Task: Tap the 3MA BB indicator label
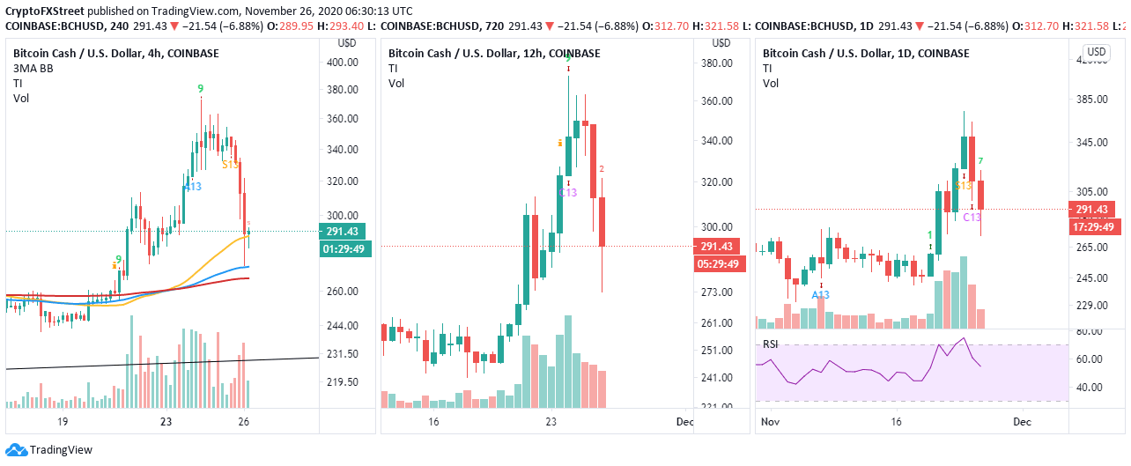click(32, 68)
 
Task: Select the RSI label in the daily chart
click(772, 344)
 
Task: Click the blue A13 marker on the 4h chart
click(193, 186)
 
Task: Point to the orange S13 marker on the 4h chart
click(230, 164)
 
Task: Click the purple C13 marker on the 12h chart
click(569, 192)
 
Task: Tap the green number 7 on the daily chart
click(980, 161)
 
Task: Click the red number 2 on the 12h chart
click(601, 168)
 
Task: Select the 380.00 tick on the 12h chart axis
click(717, 63)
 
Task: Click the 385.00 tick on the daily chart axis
click(1090, 99)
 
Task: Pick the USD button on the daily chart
click(1096, 52)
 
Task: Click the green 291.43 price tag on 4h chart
click(343, 232)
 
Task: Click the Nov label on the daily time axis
click(770, 422)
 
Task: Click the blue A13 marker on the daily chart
click(821, 295)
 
